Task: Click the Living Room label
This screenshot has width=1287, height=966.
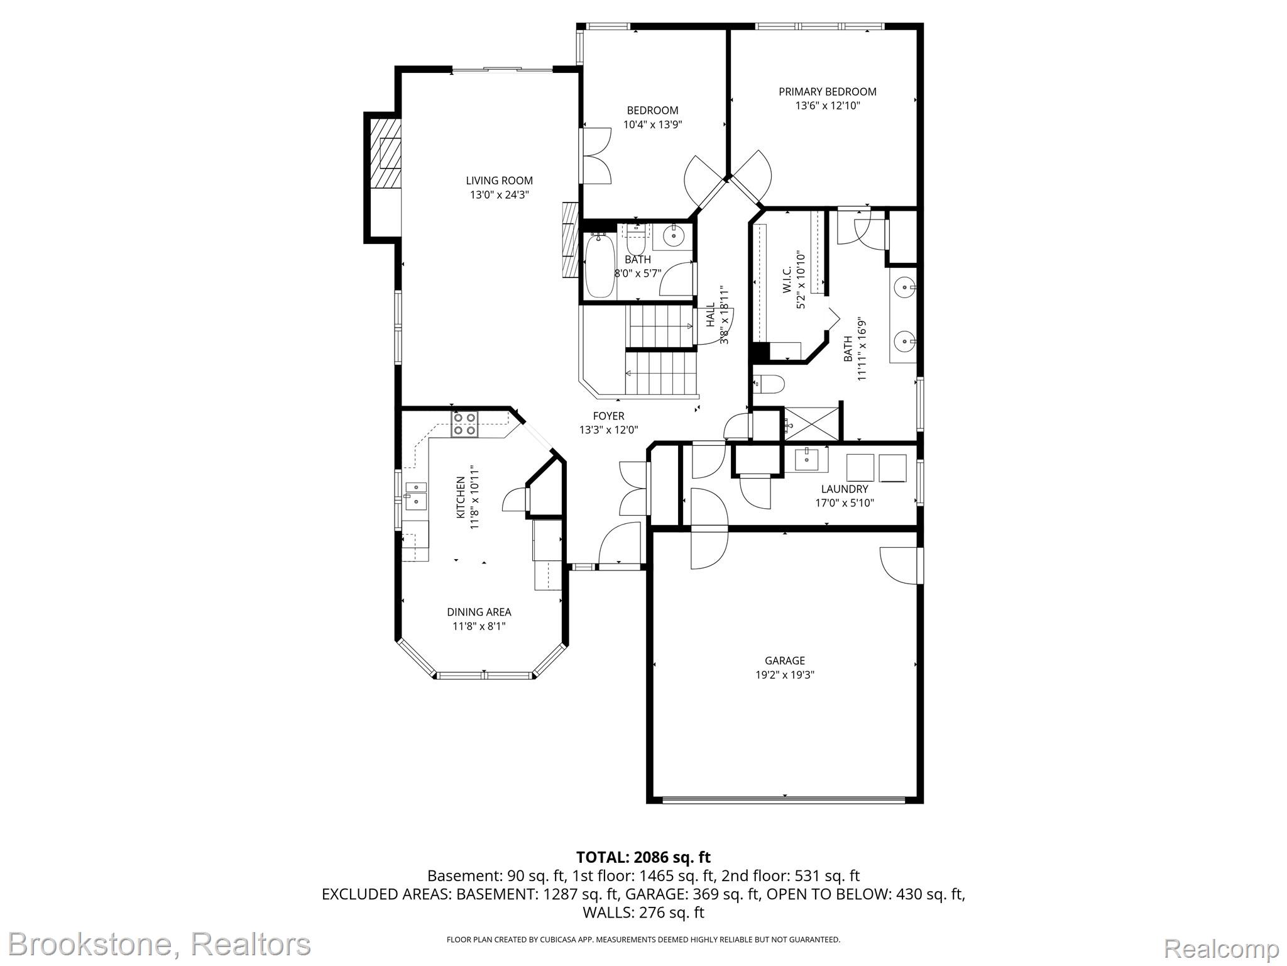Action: click(499, 181)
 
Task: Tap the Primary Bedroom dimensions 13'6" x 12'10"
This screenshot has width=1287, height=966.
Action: click(827, 106)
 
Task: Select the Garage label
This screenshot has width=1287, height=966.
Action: click(785, 660)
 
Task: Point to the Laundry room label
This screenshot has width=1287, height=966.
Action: click(845, 489)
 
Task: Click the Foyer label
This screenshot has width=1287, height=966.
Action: click(608, 416)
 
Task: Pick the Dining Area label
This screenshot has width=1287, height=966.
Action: click(479, 612)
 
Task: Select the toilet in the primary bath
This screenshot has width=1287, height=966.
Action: click(769, 384)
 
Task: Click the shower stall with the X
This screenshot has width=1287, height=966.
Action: click(811, 424)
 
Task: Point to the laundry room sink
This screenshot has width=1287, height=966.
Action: click(807, 459)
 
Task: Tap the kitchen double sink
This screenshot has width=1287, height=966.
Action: click(415, 496)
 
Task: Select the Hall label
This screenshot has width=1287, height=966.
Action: click(710, 314)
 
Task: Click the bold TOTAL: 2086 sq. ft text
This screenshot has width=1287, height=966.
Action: click(643, 857)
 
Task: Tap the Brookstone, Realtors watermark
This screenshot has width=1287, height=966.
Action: click(160, 944)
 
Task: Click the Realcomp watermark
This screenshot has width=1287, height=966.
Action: click(1221, 948)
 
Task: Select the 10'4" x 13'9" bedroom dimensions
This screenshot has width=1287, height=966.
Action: click(652, 125)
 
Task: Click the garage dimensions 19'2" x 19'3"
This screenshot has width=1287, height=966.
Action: click(785, 675)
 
